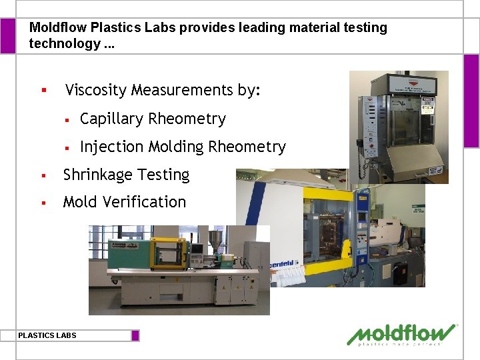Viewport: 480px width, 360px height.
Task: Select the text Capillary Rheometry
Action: [153, 119]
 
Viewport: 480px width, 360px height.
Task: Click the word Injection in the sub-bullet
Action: [111, 147]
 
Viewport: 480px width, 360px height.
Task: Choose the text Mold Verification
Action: [125, 202]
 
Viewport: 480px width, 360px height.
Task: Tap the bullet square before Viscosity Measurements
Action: [43, 90]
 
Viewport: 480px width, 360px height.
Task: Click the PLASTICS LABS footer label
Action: [47, 335]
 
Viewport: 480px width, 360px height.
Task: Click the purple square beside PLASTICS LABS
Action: [135, 335]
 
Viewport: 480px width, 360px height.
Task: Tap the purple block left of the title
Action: [7, 36]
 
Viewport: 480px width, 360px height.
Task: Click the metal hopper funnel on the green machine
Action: [215, 239]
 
